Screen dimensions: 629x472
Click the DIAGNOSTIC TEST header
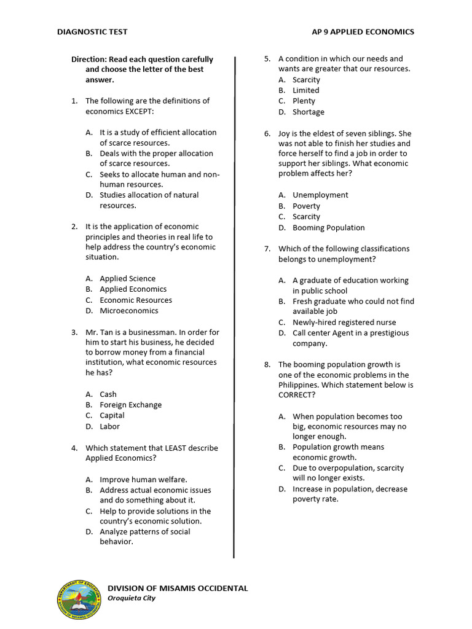(x=92, y=32)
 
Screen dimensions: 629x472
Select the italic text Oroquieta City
(x=132, y=598)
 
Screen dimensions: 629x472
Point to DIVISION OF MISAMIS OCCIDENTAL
(x=178, y=588)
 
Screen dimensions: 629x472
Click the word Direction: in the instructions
(x=89, y=60)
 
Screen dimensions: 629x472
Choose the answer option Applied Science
(x=127, y=278)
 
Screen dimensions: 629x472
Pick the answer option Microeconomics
(x=129, y=311)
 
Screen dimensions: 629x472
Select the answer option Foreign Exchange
(x=131, y=405)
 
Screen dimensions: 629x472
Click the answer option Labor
(x=109, y=426)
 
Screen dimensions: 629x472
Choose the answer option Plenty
(x=304, y=101)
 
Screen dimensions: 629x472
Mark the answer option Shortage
(x=308, y=112)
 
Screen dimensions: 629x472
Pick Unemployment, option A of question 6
(x=320, y=195)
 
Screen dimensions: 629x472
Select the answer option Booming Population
(x=328, y=227)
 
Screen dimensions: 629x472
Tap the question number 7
(x=267, y=249)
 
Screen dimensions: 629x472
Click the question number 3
(x=74, y=332)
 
